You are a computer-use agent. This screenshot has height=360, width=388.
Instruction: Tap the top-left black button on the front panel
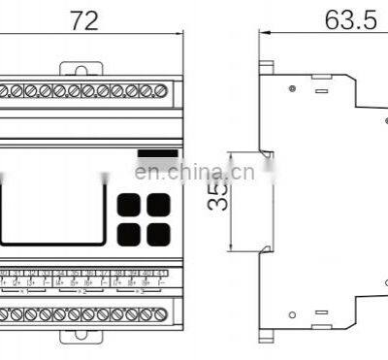127,205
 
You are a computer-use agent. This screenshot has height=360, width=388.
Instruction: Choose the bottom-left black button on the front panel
127,232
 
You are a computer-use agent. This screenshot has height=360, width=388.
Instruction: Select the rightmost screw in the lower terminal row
160,314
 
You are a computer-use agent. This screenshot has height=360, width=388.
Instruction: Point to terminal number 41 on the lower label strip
160,275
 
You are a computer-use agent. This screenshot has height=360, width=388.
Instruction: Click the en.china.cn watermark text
194,173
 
